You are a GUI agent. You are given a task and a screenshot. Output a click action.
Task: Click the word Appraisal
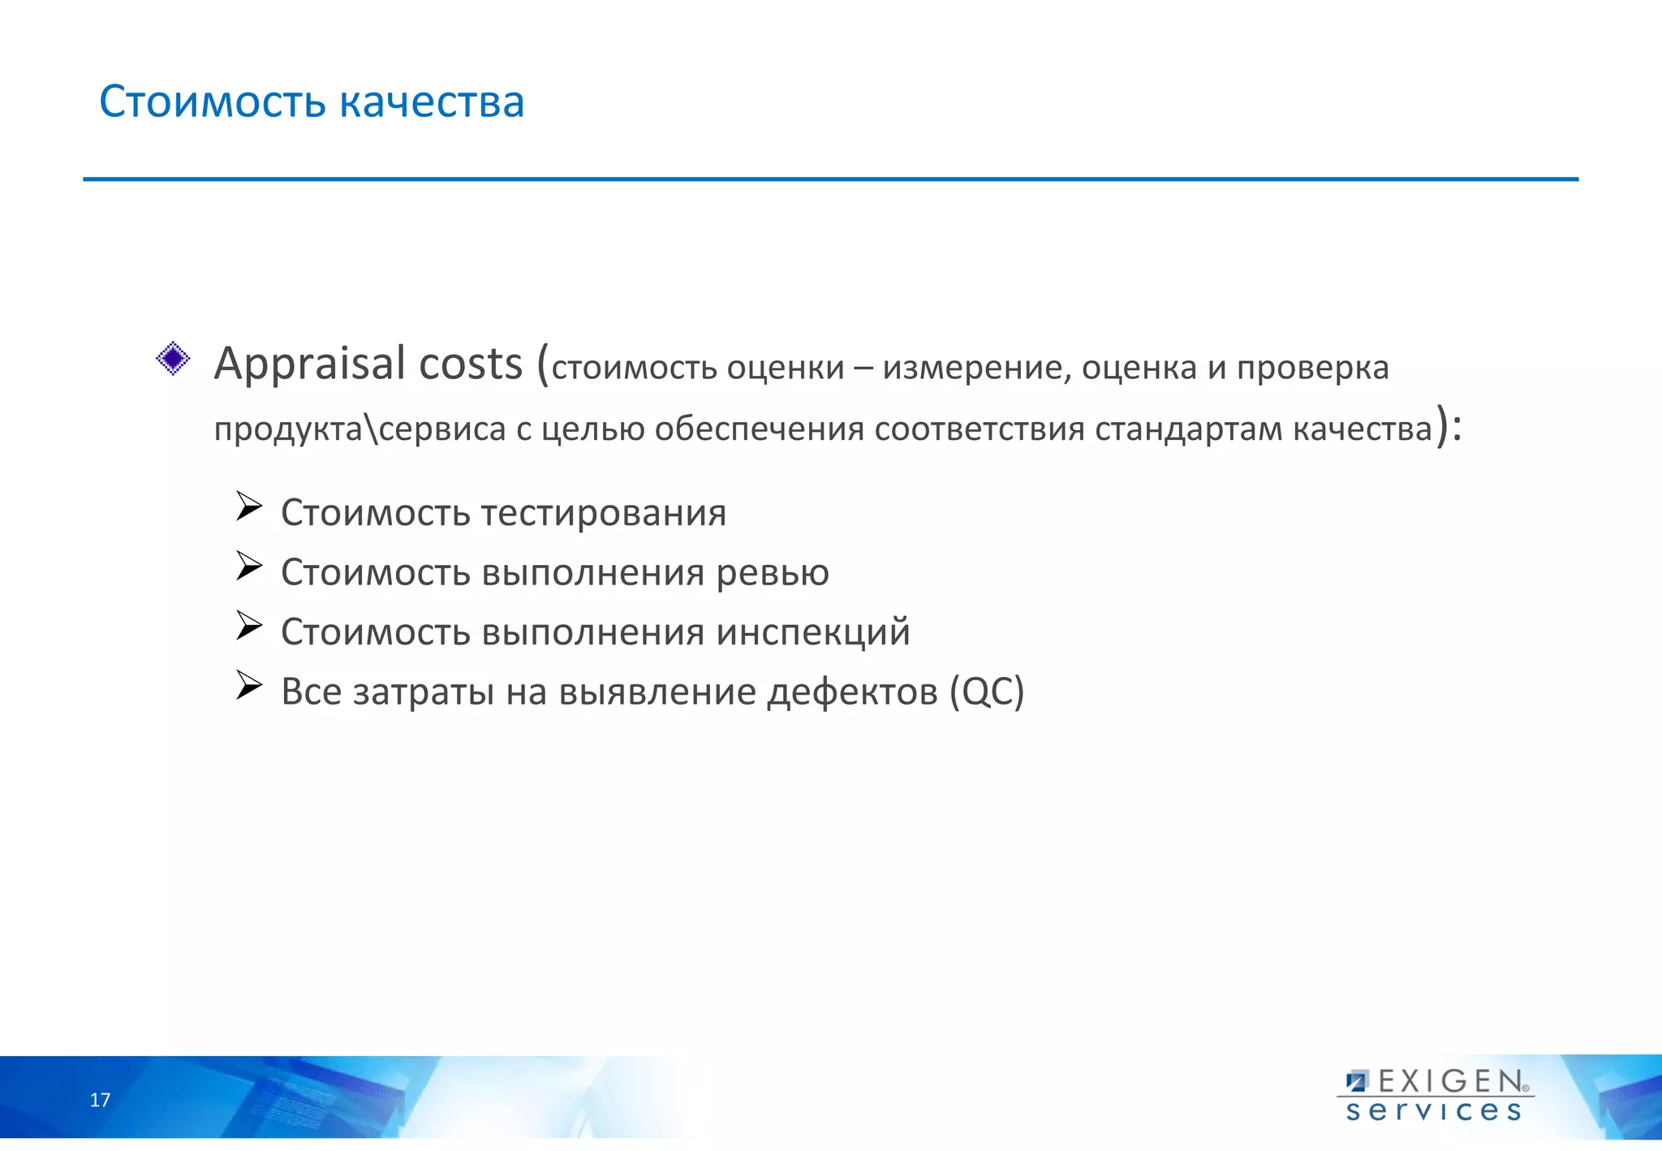click(x=309, y=364)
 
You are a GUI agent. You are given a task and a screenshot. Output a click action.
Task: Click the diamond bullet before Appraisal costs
click(x=173, y=358)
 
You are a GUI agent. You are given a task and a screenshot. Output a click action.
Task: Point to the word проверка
click(x=1312, y=369)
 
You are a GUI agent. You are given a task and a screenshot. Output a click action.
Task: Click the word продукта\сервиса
click(x=360, y=429)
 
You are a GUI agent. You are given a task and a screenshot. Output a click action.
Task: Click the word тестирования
click(x=604, y=514)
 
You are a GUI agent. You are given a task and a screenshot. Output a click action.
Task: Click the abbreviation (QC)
click(x=987, y=692)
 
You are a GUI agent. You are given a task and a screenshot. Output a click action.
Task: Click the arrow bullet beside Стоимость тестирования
click(x=248, y=507)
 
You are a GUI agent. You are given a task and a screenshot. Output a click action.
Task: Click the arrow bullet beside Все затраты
click(x=248, y=686)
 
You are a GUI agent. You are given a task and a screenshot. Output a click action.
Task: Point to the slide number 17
click(x=100, y=1101)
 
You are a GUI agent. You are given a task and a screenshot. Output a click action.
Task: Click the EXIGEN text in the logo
click(x=1450, y=1082)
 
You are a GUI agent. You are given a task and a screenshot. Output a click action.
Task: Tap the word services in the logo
click(x=1434, y=1111)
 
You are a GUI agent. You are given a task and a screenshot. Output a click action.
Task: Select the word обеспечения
click(x=759, y=429)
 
